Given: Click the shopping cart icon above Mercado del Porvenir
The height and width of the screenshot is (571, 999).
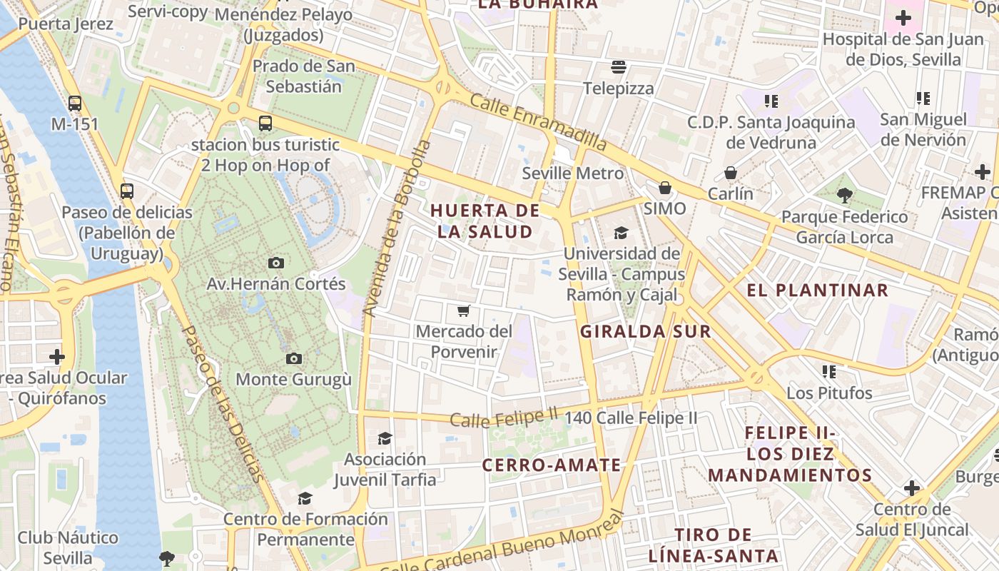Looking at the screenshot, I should click(x=464, y=310).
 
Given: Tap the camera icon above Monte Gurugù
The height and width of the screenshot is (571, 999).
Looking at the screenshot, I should click(x=293, y=358).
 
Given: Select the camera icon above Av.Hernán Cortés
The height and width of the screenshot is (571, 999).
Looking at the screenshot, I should click(x=276, y=263).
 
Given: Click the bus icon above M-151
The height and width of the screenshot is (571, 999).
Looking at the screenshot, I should click(x=75, y=103).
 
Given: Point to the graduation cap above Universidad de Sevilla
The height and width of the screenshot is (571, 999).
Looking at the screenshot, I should click(x=621, y=233).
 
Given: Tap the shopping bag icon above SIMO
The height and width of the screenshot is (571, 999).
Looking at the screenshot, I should click(x=665, y=188).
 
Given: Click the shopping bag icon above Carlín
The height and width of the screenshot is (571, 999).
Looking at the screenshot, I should click(x=731, y=173).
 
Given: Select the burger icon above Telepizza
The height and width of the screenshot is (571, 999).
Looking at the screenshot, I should click(x=619, y=67).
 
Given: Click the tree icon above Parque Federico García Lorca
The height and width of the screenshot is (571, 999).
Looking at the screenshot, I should click(x=845, y=195).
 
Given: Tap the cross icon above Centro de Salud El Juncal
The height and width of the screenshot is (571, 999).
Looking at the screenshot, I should click(x=911, y=488).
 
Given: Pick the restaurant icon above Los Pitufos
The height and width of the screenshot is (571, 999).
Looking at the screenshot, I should click(x=829, y=371).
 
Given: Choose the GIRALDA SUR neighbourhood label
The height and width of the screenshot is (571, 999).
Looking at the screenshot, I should click(x=645, y=331).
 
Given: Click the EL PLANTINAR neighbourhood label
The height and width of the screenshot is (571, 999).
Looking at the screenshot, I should click(x=817, y=290).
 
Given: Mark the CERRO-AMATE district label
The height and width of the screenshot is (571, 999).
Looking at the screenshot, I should click(x=552, y=465).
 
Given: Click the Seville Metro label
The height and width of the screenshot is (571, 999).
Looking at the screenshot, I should click(x=573, y=173).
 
